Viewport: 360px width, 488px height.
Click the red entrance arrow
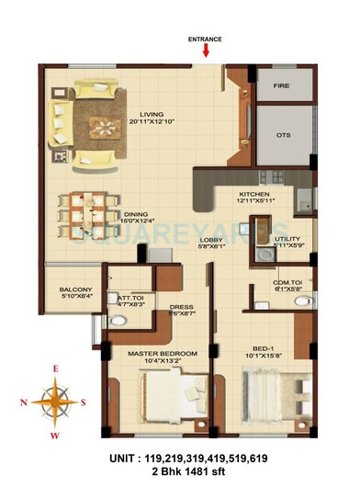(x=205, y=50)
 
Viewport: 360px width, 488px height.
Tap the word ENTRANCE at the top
(x=205, y=39)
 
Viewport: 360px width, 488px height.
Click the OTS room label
(x=283, y=135)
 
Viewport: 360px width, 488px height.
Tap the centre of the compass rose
(x=55, y=401)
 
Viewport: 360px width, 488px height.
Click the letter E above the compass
(x=54, y=369)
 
